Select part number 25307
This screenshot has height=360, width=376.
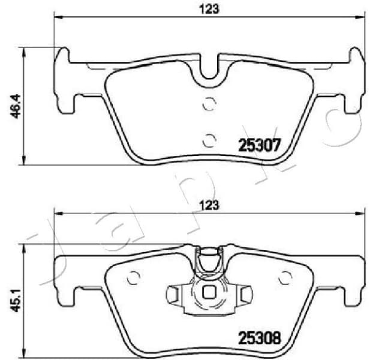260,145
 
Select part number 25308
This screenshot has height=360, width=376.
260,338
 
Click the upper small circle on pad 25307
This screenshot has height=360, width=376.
209,104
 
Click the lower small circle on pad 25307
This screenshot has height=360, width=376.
209,140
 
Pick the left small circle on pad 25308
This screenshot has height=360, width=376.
134,278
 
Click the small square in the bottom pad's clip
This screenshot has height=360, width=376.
209,293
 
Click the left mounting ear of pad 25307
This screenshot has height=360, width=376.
63,81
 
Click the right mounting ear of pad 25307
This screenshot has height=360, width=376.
355,81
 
